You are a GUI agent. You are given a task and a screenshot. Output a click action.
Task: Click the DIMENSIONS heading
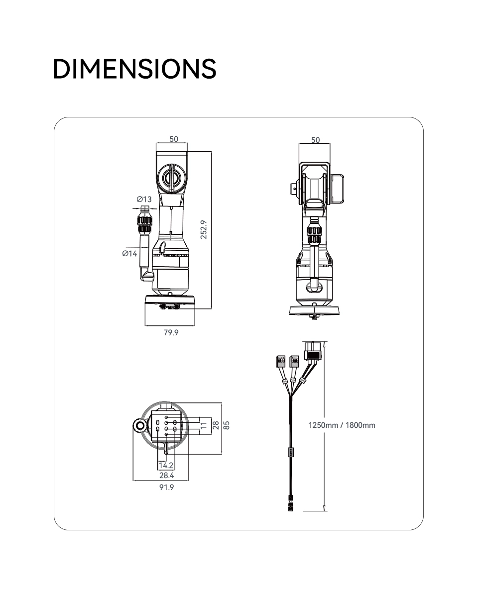click(134, 69)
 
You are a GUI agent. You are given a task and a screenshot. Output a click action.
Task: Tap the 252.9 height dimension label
click(204, 229)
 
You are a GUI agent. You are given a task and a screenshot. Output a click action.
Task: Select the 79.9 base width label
click(171, 332)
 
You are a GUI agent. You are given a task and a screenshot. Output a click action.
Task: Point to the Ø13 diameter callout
click(144, 199)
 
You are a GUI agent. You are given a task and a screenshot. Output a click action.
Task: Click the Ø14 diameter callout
click(129, 253)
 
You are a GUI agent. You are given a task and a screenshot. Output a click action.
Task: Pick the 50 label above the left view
click(174, 139)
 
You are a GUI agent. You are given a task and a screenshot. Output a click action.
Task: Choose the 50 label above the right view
click(315, 140)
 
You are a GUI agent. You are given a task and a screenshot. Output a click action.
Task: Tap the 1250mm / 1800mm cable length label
click(342, 425)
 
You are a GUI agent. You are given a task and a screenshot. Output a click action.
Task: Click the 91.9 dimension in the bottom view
click(167, 487)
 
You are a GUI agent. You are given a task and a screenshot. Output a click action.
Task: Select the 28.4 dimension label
click(167, 475)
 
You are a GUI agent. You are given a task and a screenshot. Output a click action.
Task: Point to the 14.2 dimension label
click(166, 465)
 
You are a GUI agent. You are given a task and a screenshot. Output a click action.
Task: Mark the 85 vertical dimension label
click(227, 425)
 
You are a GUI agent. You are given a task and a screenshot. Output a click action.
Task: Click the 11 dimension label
click(204, 425)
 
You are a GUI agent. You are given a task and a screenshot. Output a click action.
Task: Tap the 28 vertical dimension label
click(216, 425)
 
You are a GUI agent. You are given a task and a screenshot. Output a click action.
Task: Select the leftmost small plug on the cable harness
click(280, 361)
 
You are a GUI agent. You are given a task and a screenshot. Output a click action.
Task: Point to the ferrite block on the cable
click(290, 452)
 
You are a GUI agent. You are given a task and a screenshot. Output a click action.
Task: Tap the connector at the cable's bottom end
click(290, 503)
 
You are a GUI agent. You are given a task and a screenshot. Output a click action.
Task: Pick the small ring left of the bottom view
click(140, 425)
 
